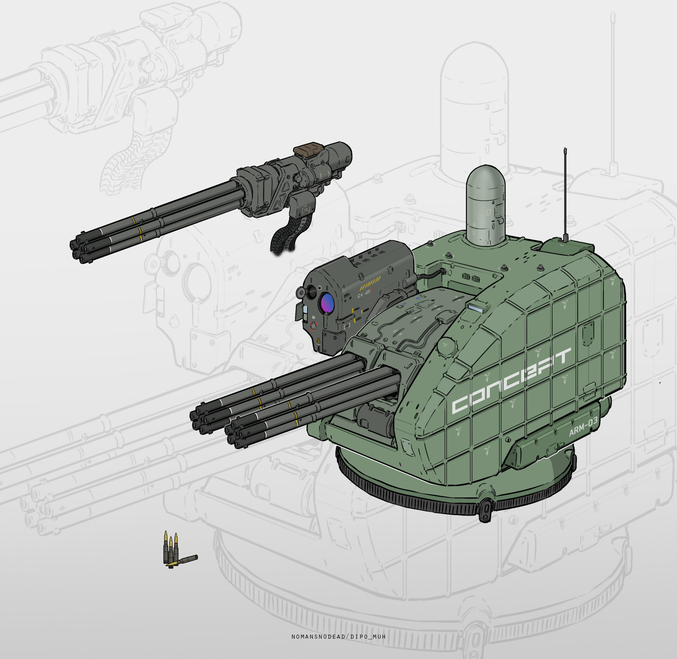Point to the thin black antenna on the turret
pos(565,195)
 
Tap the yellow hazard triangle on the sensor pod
pos(318,341)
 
